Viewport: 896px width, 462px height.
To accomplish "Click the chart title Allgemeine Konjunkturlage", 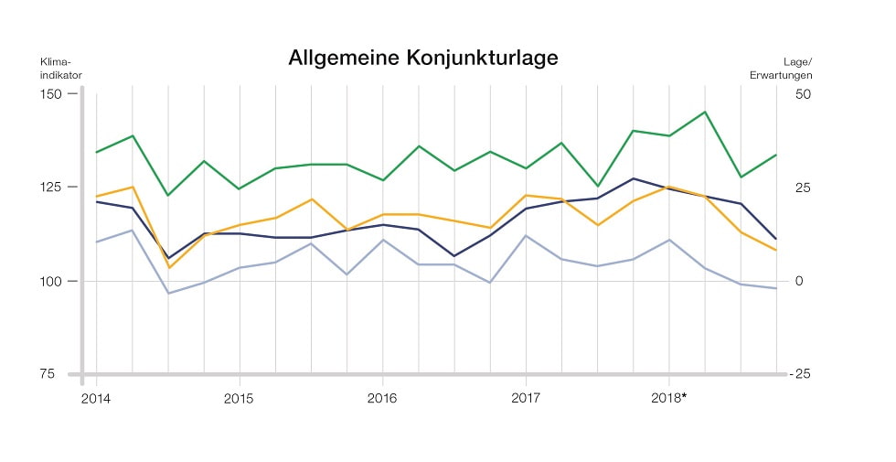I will (x=422, y=58).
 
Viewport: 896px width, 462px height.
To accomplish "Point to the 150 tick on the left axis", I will (x=50, y=94).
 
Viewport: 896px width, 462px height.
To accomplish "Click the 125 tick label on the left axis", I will (x=50, y=188).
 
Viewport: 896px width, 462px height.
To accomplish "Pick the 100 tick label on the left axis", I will (x=50, y=281).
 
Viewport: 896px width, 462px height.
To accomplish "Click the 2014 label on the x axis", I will (x=96, y=399).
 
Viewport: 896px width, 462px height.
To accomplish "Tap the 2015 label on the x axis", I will (x=239, y=399).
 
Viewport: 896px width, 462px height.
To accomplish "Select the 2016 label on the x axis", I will (x=381, y=399).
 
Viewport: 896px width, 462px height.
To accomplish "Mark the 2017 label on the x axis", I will (x=525, y=399).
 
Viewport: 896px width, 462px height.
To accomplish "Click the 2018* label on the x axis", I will (x=670, y=399).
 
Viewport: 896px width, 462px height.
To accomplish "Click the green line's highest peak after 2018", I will (x=704, y=112).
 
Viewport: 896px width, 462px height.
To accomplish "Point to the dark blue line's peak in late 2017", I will (x=633, y=178).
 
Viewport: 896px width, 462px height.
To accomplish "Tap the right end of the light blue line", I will (x=776, y=288).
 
